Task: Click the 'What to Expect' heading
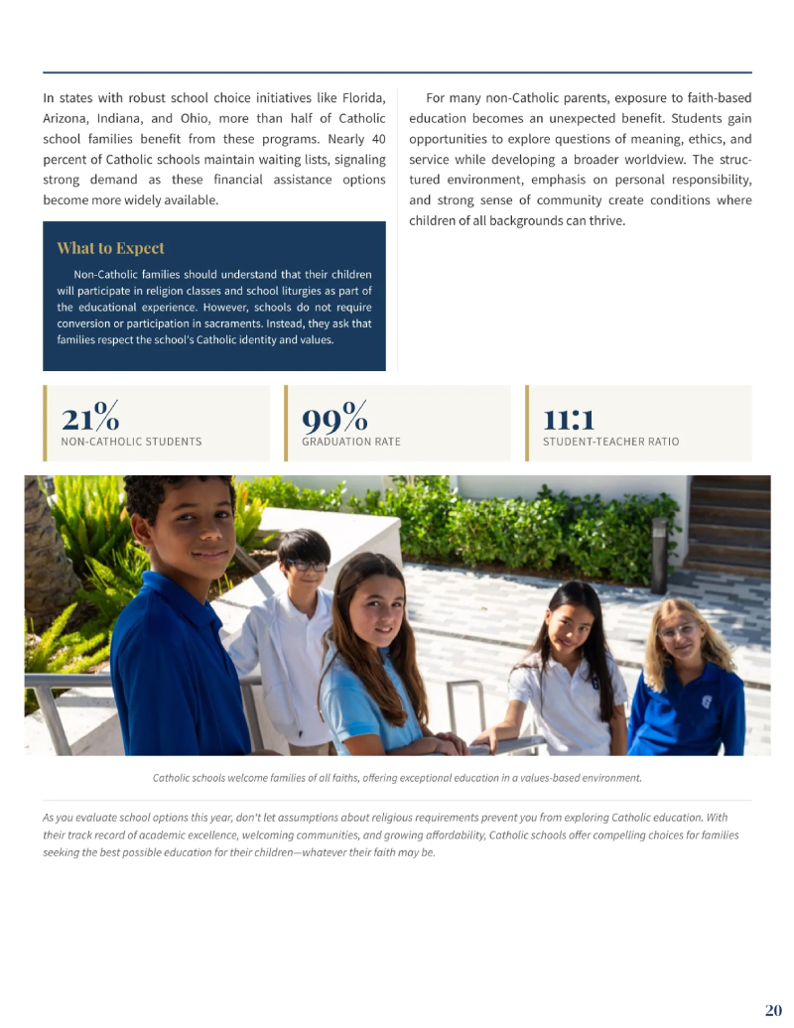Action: click(110, 248)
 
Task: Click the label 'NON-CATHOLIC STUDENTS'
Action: click(131, 442)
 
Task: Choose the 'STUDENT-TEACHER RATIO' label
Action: click(610, 442)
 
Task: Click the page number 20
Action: click(773, 1010)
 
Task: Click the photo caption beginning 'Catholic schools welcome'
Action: click(397, 778)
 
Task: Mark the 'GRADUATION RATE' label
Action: click(351, 442)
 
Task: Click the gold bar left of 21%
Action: click(45, 423)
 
